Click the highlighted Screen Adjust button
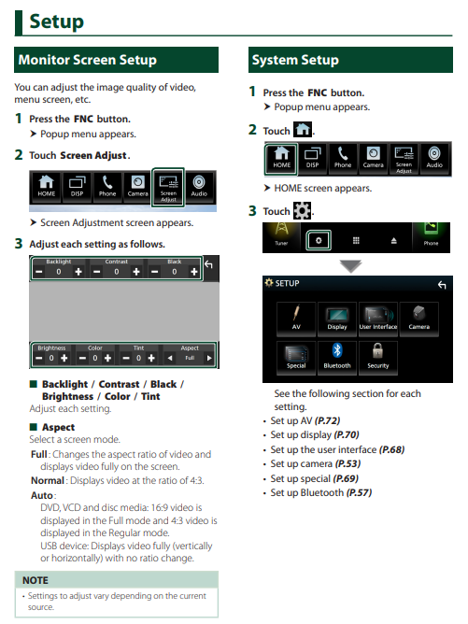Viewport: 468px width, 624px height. click(168, 187)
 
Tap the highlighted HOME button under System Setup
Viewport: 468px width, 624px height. click(281, 159)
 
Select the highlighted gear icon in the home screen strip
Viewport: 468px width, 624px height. click(319, 240)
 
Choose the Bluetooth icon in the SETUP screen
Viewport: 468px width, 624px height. click(337, 350)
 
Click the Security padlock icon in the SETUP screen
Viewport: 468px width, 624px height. click(377, 350)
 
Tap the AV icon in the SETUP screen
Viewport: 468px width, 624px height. click(296, 313)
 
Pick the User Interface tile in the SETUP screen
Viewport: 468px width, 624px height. click(378, 319)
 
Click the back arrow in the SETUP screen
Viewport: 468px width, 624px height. click(442, 285)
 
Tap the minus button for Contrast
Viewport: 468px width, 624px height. click(97, 272)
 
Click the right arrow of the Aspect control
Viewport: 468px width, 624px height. click(209, 358)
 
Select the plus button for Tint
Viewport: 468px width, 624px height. click(151, 358)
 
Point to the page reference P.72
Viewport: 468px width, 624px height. click(327, 420)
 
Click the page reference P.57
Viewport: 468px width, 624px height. click(359, 492)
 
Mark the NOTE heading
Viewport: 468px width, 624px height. click(35, 580)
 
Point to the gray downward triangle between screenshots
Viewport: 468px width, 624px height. click(350, 266)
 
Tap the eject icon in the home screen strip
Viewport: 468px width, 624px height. click(393, 240)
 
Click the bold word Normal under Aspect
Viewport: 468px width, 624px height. click(48, 480)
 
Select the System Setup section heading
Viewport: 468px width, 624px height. click(295, 60)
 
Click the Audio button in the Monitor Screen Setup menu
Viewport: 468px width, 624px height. click(199, 187)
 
